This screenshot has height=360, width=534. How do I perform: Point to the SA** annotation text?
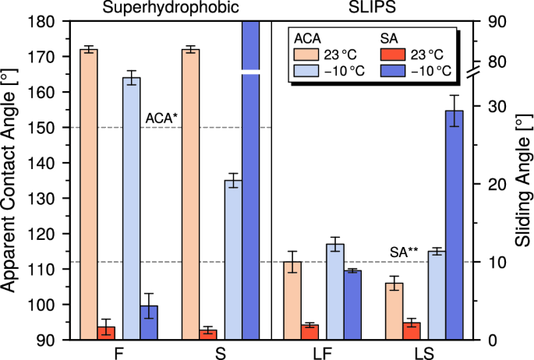[404, 252]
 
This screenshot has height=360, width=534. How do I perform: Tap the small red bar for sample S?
[208, 335]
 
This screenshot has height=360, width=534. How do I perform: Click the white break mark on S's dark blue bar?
[250, 72]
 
